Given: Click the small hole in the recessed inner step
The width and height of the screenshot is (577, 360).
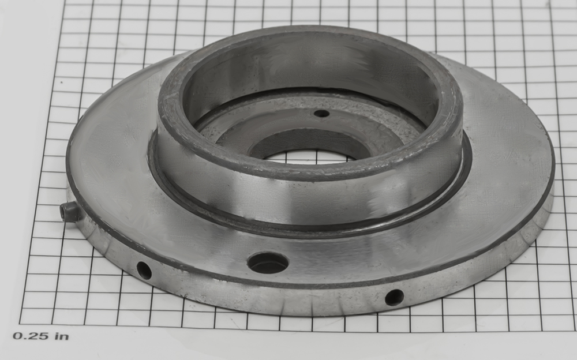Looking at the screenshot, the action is tap(321, 114).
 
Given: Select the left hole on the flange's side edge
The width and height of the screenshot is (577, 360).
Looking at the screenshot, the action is tap(144, 271).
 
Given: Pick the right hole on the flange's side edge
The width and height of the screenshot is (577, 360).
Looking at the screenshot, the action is tap(394, 298).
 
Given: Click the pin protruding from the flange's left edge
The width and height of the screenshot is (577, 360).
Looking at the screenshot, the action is tap(70, 212).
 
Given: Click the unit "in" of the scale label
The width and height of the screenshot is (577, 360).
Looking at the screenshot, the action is tap(62, 336).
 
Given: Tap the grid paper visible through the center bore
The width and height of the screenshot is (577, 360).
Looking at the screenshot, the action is tap(309, 156).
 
